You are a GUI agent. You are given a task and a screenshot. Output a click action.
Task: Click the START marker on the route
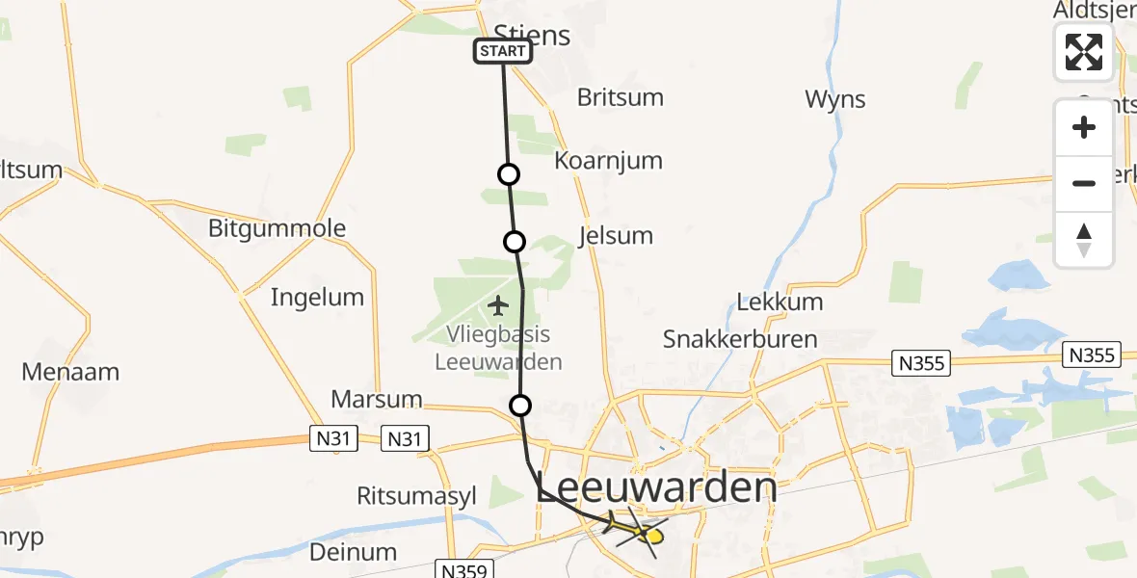click(x=502, y=51)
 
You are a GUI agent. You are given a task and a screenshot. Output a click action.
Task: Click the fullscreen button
click(x=1084, y=52)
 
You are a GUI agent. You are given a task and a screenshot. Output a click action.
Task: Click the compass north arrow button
click(x=1084, y=239)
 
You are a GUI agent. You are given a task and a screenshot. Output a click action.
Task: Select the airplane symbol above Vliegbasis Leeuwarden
click(x=498, y=306)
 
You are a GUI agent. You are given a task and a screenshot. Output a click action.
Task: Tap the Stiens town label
click(x=532, y=36)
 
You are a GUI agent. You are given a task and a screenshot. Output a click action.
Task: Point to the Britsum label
click(x=621, y=97)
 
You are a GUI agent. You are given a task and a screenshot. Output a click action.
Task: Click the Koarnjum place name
click(x=609, y=160)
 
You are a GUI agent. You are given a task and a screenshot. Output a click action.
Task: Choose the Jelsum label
click(x=617, y=235)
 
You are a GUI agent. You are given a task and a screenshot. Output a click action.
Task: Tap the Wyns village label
click(x=835, y=99)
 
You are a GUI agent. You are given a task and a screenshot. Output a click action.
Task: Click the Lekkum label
click(x=780, y=302)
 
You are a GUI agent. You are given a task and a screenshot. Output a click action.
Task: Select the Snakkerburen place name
click(x=740, y=339)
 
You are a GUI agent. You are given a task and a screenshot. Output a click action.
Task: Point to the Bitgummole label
click(x=277, y=228)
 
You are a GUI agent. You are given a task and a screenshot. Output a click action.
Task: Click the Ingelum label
click(x=317, y=297)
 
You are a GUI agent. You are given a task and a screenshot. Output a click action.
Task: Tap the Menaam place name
click(x=70, y=371)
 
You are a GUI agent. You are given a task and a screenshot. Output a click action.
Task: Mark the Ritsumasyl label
click(x=416, y=496)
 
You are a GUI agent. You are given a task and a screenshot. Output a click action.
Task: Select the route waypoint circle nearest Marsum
click(x=520, y=406)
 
